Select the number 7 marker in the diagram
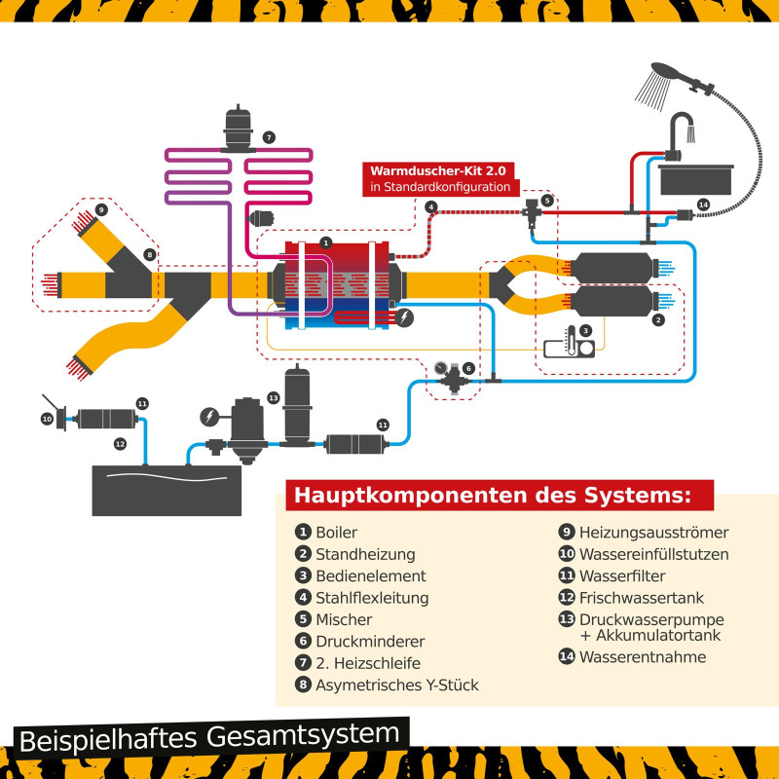tap(269, 137)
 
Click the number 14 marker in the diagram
tap(703, 204)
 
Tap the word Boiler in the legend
tap(337, 533)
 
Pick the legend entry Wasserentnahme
tap(642, 656)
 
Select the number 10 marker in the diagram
tap(46, 419)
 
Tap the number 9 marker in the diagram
tap(101, 209)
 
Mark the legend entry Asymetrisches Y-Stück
tap(396, 685)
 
